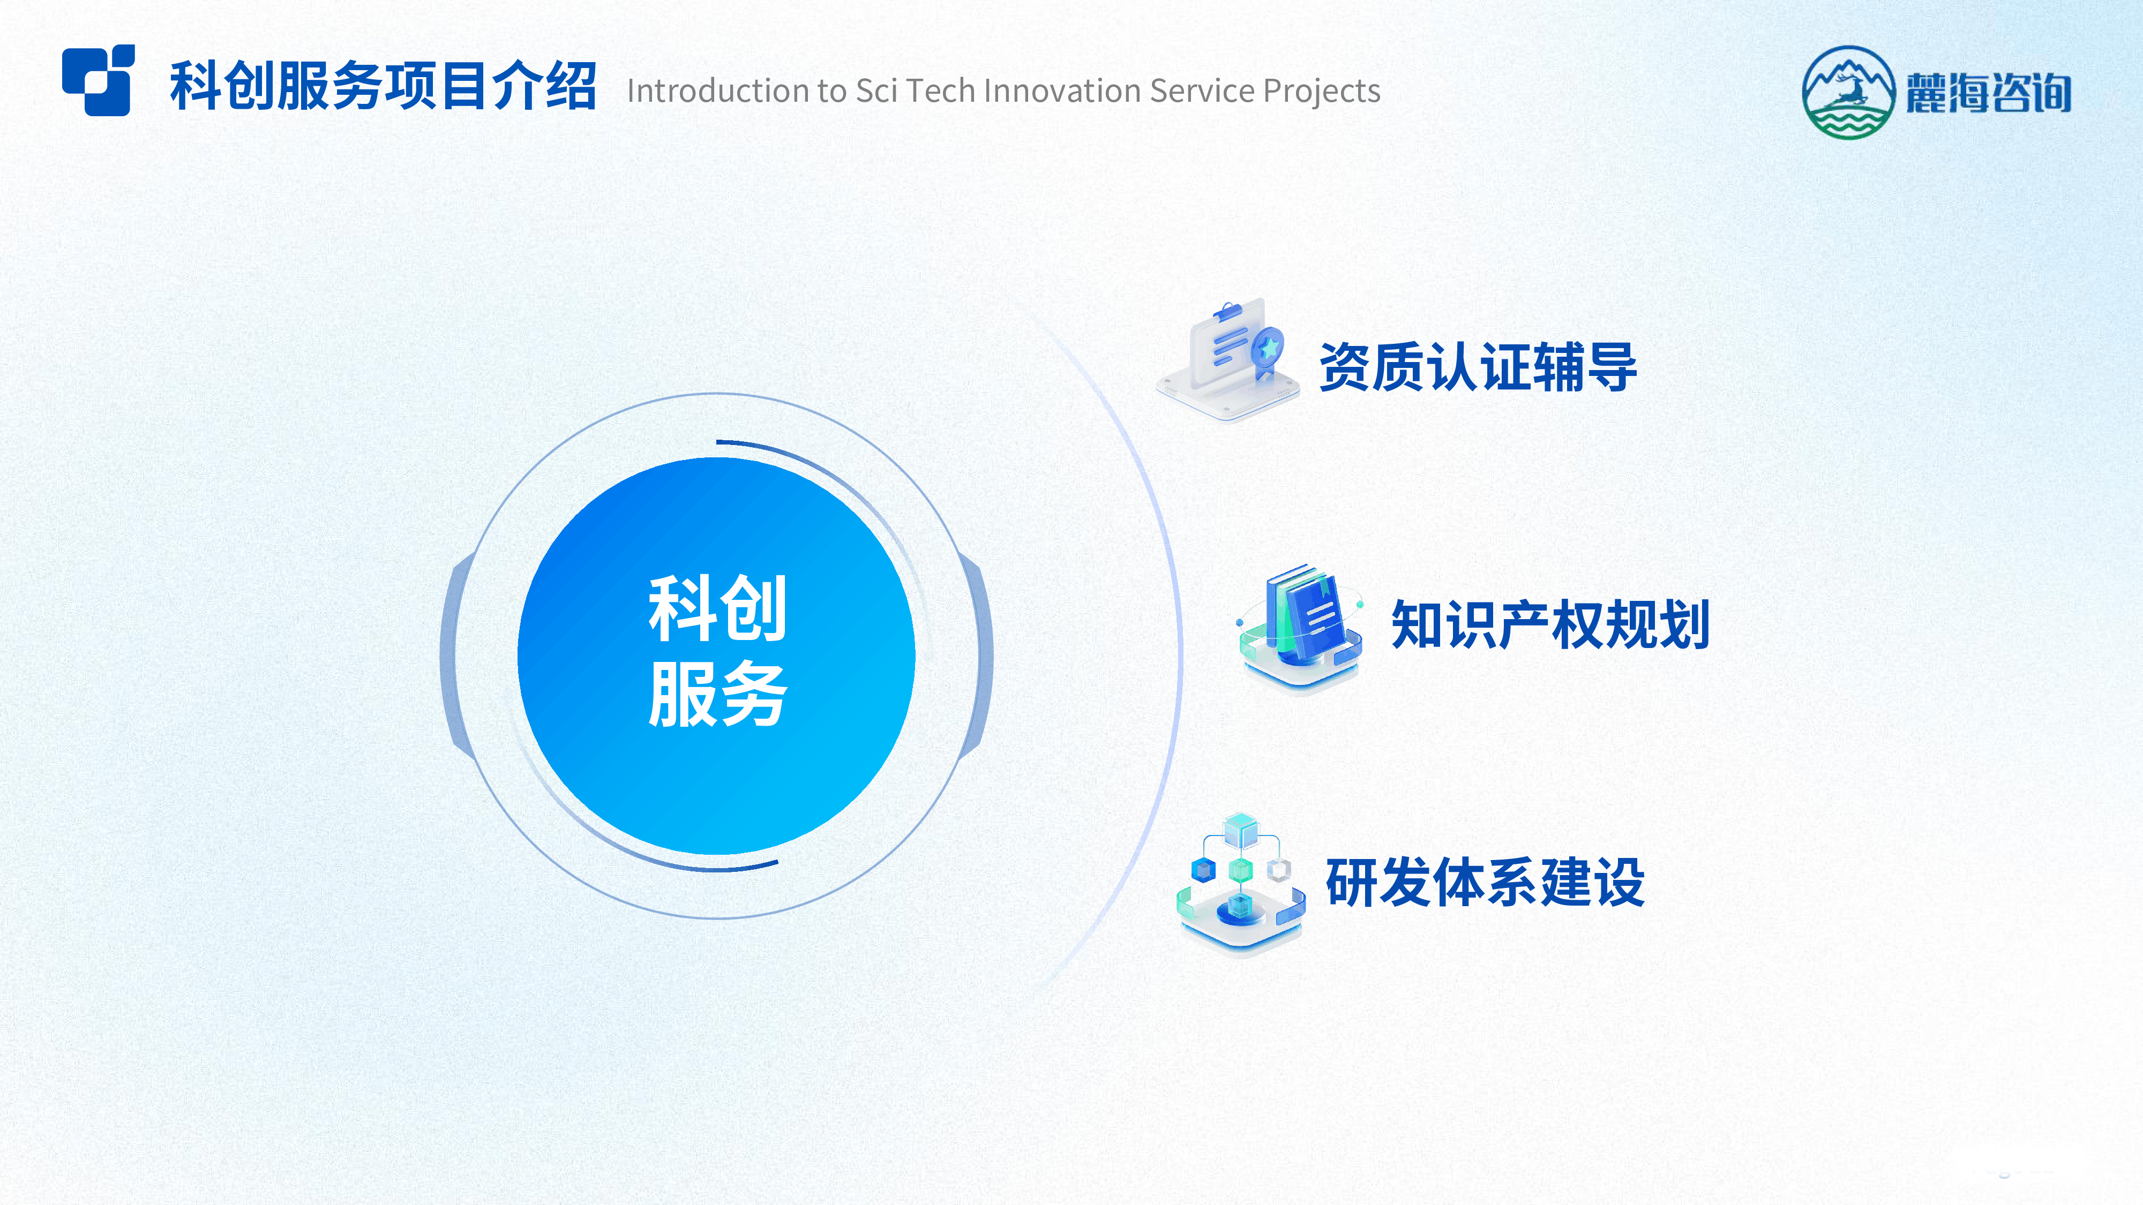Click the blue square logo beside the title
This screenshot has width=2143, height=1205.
(98, 80)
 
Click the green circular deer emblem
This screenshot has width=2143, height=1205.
(1848, 92)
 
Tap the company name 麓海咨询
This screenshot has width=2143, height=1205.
(1988, 92)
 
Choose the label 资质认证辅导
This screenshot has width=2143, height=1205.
(1478, 367)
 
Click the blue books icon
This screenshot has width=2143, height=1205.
(1300, 627)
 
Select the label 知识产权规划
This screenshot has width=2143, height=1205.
(1550, 624)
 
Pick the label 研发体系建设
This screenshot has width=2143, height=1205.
(1485, 883)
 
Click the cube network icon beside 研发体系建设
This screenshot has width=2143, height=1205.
(1240, 885)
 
